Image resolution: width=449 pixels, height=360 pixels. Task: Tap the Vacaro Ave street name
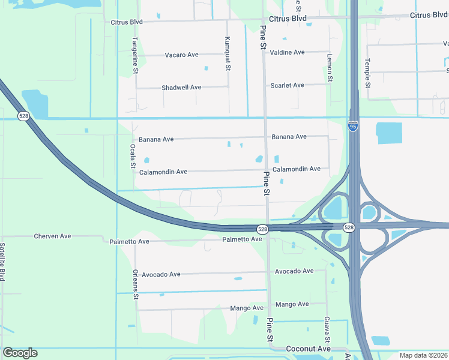(x=182, y=55)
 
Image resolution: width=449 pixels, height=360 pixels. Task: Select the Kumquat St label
(x=228, y=53)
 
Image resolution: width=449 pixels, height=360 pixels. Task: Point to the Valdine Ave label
(x=287, y=52)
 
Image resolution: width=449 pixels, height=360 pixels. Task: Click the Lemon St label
(x=330, y=67)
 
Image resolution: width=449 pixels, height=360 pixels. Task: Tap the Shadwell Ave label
(x=181, y=88)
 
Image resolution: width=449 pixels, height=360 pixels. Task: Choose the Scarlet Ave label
(x=287, y=85)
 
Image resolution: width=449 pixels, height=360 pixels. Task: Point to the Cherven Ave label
(x=52, y=236)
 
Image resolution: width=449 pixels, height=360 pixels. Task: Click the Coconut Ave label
(x=308, y=349)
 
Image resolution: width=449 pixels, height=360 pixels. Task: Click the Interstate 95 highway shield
(x=353, y=127)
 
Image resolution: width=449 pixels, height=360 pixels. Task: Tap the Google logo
(x=20, y=353)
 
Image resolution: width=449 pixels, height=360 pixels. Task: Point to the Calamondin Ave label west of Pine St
(x=163, y=172)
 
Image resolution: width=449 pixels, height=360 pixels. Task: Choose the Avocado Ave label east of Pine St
(x=294, y=271)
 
